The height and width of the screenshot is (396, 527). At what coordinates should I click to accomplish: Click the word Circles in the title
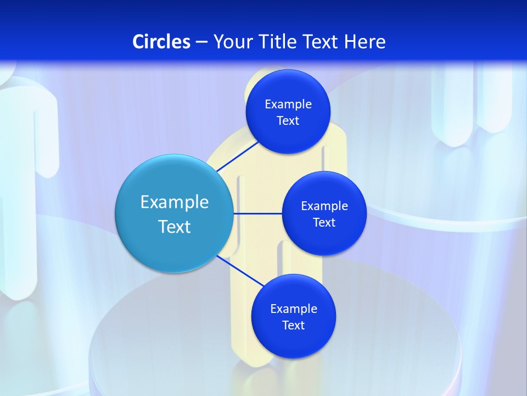(x=161, y=42)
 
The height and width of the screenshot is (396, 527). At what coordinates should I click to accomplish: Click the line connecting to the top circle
(x=237, y=156)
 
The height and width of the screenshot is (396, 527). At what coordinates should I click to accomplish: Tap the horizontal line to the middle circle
(x=257, y=213)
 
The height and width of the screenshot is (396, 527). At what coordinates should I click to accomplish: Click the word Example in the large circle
(x=175, y=202)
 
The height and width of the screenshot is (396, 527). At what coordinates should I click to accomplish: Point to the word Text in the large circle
(x=175, y=227)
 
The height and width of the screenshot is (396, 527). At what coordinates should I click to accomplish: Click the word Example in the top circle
(x=288, y=105)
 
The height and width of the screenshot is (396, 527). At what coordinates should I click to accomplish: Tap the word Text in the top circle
(x=288, y=121)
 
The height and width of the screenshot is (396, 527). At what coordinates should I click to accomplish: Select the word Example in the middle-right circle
(x=324, y=206)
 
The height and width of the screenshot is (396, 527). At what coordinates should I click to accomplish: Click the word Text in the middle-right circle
(x=324, y=223)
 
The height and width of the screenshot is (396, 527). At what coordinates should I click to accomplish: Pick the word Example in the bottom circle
(x=294, y=309)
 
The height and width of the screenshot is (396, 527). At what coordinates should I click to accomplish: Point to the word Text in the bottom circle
(x=293, y=326)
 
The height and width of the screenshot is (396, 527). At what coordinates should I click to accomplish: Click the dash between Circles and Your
(x=201, y=42)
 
